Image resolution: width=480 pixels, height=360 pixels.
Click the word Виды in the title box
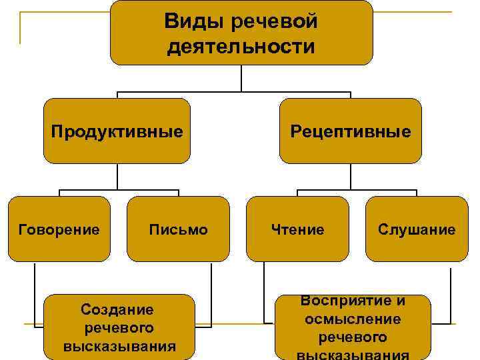(195, 22)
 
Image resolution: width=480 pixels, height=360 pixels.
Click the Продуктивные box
(117, 131)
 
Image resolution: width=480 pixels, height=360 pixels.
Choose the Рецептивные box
(351, 131)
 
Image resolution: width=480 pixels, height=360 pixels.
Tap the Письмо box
(178, 229)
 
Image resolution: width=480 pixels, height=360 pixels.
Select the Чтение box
(297, 229)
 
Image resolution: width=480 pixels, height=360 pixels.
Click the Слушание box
(417, 229)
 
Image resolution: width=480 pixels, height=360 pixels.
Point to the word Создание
(117, 309)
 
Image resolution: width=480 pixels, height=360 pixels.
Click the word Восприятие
(353, 301)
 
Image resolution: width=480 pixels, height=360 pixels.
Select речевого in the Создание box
(119, 328)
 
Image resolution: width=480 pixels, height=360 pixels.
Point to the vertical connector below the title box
(241, 77)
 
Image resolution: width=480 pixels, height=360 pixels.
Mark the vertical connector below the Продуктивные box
(117, 177)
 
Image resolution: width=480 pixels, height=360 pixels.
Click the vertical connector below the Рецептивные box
(351, 177)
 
